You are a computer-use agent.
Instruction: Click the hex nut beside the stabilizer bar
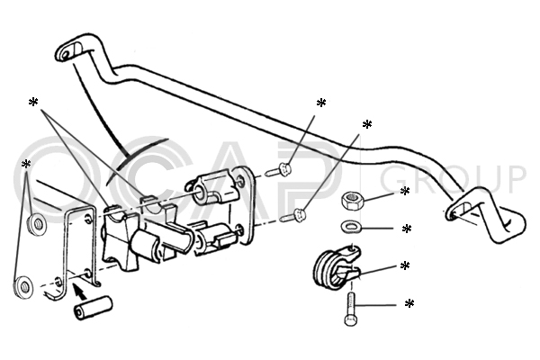[x=351, y=201]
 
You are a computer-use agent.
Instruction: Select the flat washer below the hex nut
[x=351, y=228]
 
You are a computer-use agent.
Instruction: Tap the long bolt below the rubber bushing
[x=351, y=309]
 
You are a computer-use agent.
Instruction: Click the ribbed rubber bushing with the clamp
[x=337, y=266]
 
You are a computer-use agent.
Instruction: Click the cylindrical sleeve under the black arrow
[x=93, y=308]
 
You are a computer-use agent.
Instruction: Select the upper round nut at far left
[x=37, y=225]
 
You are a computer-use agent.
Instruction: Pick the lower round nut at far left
[x=23, y=286]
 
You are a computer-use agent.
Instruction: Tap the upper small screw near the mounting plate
[x=280, y=170]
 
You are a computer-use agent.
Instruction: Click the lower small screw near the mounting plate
[x=293, y=216]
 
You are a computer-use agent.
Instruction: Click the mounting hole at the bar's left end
[x=65, y=54]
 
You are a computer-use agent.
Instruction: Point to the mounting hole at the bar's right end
[x=451, y=215]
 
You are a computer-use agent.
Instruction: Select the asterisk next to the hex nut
[x=405, y=191]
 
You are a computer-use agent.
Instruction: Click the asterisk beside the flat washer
[x=407, y=229]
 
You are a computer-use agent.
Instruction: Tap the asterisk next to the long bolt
[x=409, y=304]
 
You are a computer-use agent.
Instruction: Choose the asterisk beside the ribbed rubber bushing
[x=405, y=266]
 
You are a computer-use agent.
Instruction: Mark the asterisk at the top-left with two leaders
[x=33, y=103]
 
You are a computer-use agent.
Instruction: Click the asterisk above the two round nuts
[x=26, y=165]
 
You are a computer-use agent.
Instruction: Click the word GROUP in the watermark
[x=454, y=180]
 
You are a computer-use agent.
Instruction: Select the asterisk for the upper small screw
[x=321, y=103]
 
